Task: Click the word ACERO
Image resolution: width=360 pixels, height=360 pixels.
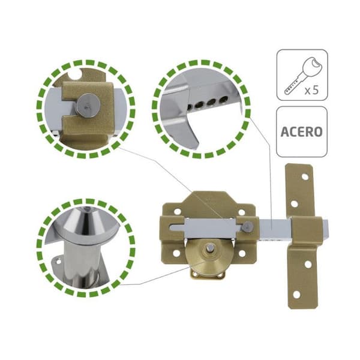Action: pyautogui.click(x=301, y=132)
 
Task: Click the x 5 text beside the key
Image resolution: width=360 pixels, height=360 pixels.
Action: pyautogui.click(x=312, y=90)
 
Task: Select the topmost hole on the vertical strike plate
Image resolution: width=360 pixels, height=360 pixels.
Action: pyautogui.click(x=305, y=177)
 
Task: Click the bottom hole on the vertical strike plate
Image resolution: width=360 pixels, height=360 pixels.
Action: pyautogui.click(x=296, y=295)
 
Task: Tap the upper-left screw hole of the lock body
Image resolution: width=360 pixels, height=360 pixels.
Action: pyautogui.click(x=177, y=211)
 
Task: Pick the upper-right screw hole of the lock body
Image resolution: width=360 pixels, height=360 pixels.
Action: pyautogui.click(x=241, y=212)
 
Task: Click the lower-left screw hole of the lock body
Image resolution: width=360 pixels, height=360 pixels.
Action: pyautogui.click(x=176, y=253)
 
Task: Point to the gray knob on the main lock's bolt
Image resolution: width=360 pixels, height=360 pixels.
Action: pyautogui.click(x=248, y=227)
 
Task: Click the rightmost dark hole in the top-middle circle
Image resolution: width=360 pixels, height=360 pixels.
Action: pyautogui.click(x=223, y=100)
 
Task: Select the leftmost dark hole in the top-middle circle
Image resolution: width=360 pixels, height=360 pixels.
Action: pyautogui.click(x=190, y=107)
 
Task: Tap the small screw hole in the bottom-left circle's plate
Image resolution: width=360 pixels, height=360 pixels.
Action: pyautogui.click(x=59, y=262)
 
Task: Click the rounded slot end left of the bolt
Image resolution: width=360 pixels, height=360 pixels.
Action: pyautogui.click(x=173, y=228)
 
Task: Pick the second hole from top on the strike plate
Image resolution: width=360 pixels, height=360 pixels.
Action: pyautogui.click(x=294, y=203)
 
